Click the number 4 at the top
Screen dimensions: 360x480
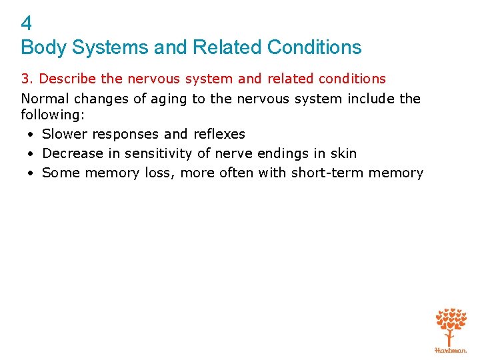click(x=26, y=24)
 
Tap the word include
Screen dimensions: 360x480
click(x=369, y=99)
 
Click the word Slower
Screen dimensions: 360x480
click(x=64, y=134)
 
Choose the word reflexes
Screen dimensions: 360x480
click(x=219, y=134)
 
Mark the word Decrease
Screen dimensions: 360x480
click(x=71, y=153)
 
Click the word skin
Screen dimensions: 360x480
click(x=343, y=153)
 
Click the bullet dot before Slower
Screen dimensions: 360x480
click(x=31, y=135)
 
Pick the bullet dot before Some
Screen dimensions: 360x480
click(x=31, y=173)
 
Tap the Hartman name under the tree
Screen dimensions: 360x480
click(x=451, y=350)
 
